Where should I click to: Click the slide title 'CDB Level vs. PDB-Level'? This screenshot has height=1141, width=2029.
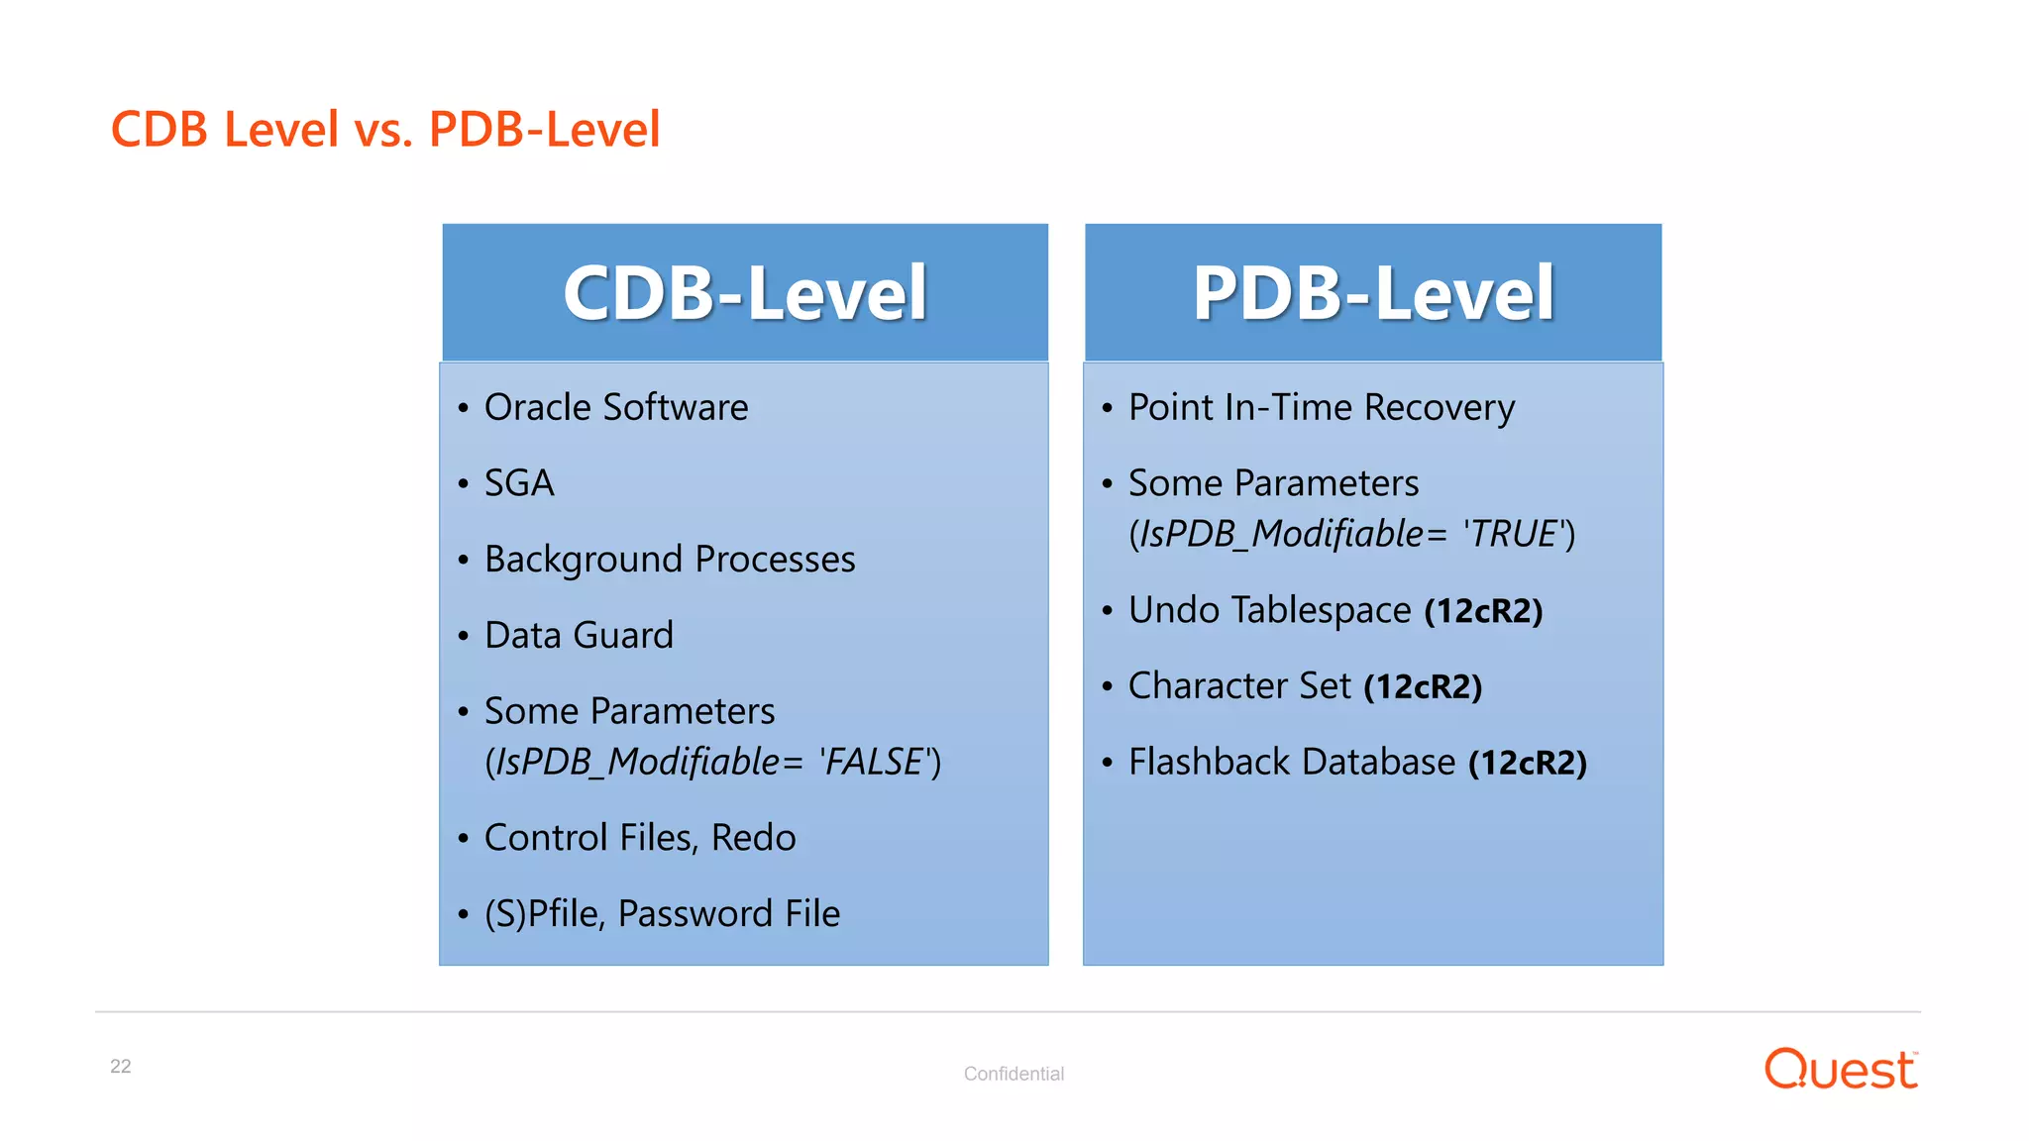point(384,129)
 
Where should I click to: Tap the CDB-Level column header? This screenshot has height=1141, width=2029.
point(745,293)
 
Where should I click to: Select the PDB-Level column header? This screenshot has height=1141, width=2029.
point(1373,293)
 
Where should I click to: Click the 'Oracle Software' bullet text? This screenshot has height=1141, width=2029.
point(615,408)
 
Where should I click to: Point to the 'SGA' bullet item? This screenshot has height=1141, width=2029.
point(519,483)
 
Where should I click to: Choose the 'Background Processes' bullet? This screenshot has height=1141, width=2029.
point(670,560)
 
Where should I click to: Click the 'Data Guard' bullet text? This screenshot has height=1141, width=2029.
point(579,635)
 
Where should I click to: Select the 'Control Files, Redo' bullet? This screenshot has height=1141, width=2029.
point(640,838)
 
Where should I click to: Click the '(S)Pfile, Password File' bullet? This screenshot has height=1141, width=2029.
point(662,913)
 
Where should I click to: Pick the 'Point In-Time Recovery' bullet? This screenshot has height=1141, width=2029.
point(1322,408)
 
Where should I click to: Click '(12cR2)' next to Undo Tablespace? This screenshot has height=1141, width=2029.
point(1483,611)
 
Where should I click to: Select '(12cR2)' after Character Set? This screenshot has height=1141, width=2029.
point(1423,686)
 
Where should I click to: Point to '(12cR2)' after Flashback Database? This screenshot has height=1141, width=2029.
point(1528,763)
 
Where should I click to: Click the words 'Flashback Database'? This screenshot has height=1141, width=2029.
point(1292,763)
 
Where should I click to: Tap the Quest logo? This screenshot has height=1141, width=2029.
point(1841,1070)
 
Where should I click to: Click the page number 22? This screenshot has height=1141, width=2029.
point(121,1067)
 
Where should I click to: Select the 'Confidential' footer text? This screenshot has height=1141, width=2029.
point(1014,1074)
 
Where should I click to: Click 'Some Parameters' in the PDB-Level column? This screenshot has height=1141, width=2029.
point(1273,483)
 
